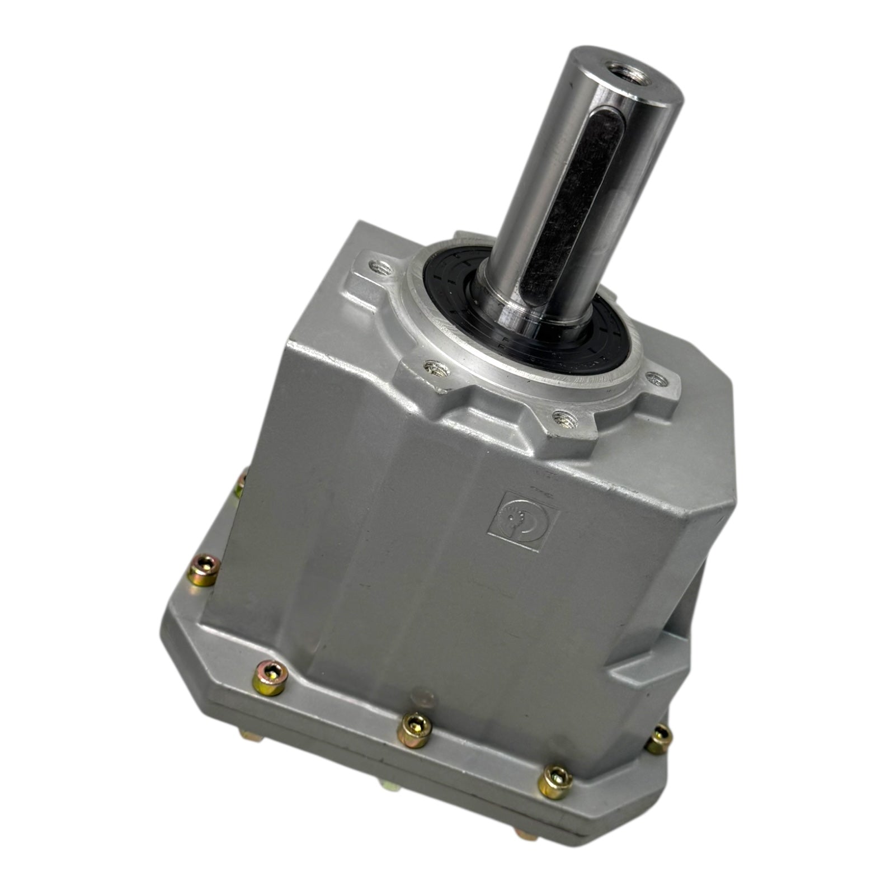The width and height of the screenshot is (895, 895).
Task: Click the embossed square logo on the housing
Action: click(522, 520)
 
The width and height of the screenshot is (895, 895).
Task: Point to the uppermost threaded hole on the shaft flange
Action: click(381, 270)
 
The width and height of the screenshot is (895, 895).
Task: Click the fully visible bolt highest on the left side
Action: click(202, 569)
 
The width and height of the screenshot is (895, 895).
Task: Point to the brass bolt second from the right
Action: click(555, 781)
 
